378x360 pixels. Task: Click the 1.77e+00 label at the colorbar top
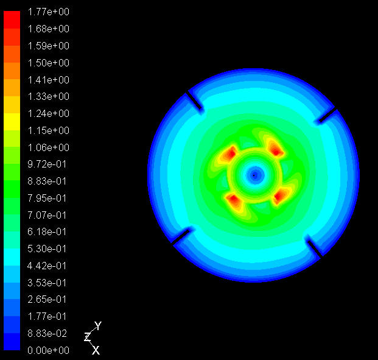(48, 12)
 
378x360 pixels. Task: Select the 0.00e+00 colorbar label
(48, 350)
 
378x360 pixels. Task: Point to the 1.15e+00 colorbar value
(48, 130)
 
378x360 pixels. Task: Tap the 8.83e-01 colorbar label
(48, 181)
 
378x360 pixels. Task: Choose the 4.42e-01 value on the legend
(48, 266)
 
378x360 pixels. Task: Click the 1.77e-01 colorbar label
(48, 316)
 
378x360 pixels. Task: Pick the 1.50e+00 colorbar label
(48, 63)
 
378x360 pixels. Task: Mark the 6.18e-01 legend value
(48, 231)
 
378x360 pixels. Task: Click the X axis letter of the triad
(96, 350)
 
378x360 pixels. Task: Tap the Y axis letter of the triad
(98, 326)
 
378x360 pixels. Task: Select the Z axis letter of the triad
(87, 336)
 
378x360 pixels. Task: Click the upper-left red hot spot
(230, 153)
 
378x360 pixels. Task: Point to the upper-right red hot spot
(275, 148)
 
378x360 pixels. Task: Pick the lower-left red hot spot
(232, 199)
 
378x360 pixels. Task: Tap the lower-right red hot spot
(281, 196)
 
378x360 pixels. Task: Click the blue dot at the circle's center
(254, 175)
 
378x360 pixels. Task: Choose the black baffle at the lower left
(181, 236)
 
